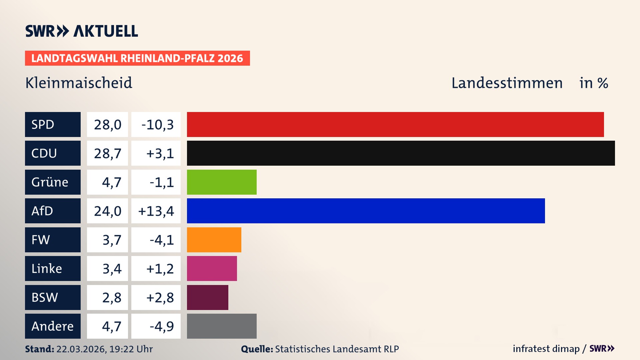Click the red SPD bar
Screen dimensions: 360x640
click(x=395, y=124)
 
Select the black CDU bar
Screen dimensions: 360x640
click(x=401, y=153)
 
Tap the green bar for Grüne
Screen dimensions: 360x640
click(x=222, y=182)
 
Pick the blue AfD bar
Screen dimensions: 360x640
click(x=366, y=211)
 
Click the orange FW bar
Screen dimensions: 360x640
click(x=214, y=240)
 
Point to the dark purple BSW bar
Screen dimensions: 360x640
click(x=207, y=297)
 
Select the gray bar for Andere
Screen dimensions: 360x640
click(x=222, y=326)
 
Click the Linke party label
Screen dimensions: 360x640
click(x=53, y=268)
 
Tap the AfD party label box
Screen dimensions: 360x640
click(x=53, y=211)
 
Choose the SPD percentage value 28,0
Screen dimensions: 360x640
click(x=107, y=125)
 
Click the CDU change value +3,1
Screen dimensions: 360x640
click(x=160, y=153)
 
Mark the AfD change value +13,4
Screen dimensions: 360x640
click(x=156, y=211)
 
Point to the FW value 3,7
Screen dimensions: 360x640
click(x=112, y=240)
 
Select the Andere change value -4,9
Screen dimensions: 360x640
click(x=161, y=326)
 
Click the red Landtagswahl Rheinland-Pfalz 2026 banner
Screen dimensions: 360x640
click(x=137, y=58)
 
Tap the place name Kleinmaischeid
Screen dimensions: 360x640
click(x=79, y=83)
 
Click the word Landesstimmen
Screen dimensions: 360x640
click(x=507, y=83)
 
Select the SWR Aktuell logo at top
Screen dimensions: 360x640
click(x=82, y=31)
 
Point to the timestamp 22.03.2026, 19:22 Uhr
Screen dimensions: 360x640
click(x=104, y=349)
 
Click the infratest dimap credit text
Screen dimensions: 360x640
click(x=546, y=349)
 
